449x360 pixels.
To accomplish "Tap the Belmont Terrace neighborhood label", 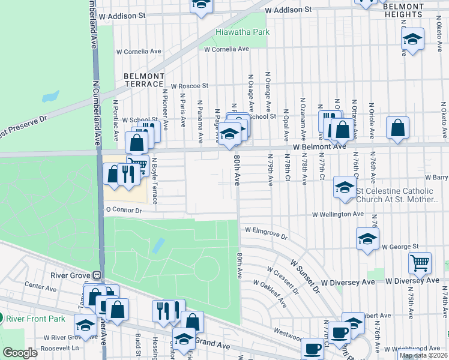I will (x=144, y=80).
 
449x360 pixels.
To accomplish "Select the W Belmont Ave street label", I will (x=320, y=146).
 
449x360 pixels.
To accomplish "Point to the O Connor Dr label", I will (x=123, y=210).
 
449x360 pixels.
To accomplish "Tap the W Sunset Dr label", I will (x=306, y=272).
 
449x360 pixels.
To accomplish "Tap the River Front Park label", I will (x=29, y=318).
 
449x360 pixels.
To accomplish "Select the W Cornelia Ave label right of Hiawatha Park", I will (x=226, y=49).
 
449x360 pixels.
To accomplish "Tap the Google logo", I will (x=20, y=353).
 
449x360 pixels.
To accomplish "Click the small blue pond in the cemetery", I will (x=158, y=245).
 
